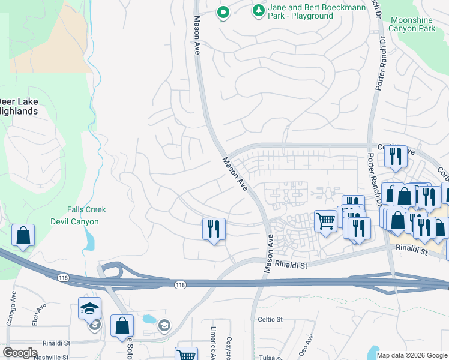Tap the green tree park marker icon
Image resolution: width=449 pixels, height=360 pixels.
[258, 10]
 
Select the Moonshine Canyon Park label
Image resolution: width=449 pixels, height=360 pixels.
[412, 24]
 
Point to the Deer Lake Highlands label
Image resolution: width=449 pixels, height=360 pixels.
[18, 106]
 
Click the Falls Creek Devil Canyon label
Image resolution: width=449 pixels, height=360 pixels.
[86, 215]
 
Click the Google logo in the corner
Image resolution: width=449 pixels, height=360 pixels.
[20, 353]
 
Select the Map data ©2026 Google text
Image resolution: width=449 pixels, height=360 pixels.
[411, 355]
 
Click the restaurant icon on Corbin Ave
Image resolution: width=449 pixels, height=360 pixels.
[396, 157]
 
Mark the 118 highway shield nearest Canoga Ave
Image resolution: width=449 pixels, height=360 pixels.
[63, 277]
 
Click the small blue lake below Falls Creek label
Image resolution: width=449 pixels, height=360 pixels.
[89, 240]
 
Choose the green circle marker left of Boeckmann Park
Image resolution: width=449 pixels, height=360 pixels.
[223, 12]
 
